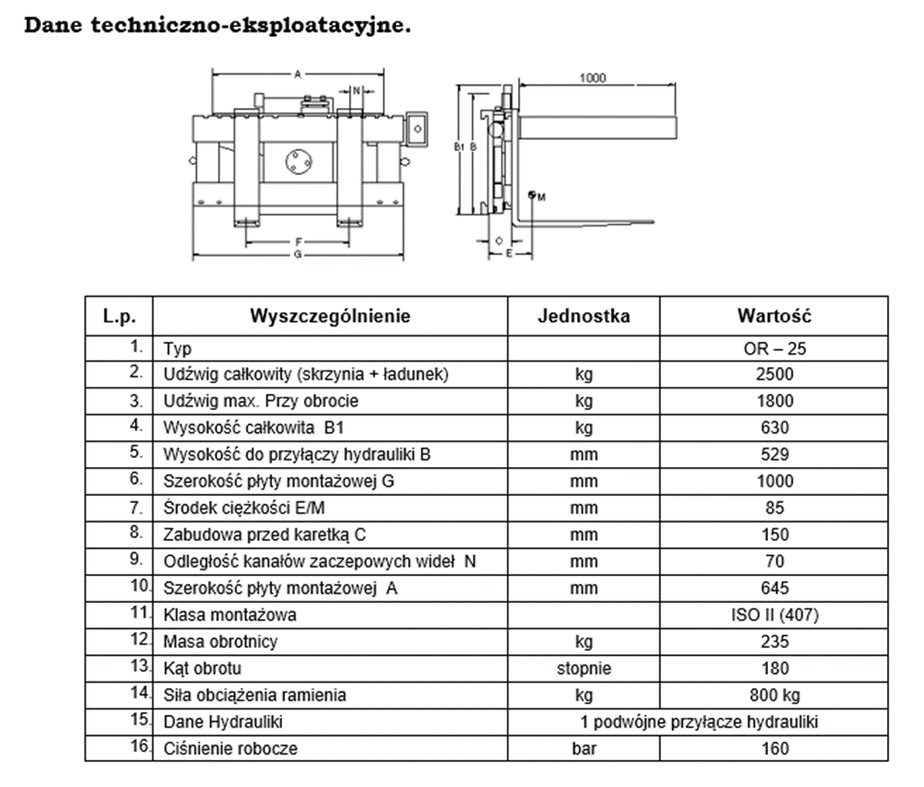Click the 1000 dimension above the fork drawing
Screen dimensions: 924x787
592,78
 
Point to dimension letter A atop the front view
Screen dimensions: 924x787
297,74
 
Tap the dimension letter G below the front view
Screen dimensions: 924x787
297,254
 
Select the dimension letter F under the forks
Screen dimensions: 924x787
298,242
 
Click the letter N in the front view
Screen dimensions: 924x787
356,91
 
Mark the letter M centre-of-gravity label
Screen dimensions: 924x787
542,197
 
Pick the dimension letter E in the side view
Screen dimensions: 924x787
509,253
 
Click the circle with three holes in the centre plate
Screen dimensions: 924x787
298,161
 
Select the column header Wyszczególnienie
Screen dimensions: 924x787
330,316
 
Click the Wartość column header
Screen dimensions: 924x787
774,316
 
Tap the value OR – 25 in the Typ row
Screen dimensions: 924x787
774,348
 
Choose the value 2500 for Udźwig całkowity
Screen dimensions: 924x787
774,374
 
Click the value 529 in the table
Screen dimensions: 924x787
774,454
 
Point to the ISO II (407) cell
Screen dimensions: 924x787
774,615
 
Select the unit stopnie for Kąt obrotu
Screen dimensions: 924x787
584,669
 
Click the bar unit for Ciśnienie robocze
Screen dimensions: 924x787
584,748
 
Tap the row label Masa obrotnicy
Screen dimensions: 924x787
220,641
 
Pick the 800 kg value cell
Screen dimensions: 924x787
774,696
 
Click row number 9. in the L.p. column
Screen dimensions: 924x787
136,559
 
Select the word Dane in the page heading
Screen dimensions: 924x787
53,25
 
